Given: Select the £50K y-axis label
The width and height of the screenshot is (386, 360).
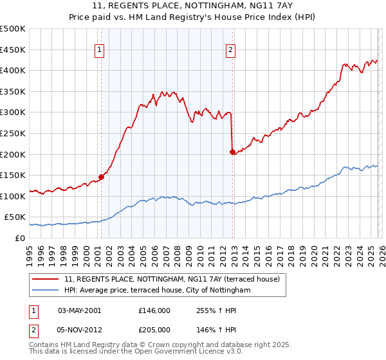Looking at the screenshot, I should [15, 217].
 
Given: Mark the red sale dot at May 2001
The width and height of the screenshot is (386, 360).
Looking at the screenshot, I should [101, 177].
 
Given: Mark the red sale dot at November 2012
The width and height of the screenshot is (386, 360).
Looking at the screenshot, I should [232, 152].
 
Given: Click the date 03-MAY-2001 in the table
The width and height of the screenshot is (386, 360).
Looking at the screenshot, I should [79, 310].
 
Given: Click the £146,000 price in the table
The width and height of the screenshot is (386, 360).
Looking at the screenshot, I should [154, 310].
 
